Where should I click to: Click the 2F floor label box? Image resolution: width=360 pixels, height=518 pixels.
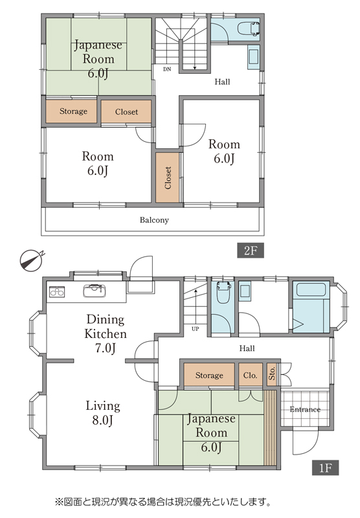251,251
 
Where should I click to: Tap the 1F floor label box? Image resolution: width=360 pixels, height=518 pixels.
325,467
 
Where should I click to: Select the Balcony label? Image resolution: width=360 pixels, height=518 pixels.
154,220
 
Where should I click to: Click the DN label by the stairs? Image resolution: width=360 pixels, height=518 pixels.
167,69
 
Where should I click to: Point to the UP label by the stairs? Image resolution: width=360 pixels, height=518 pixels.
195,329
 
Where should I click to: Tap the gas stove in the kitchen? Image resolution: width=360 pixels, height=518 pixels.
57,292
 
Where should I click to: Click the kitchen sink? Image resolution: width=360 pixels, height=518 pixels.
95,291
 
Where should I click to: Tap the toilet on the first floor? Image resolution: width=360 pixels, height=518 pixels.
223,293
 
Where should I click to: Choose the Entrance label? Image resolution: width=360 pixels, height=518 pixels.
305,410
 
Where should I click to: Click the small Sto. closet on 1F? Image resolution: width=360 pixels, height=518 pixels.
272,375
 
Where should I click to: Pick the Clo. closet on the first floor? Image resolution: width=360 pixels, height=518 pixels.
251,375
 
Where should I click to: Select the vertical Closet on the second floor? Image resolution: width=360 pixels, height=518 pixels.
168,177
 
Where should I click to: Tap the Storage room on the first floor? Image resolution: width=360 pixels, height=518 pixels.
209,375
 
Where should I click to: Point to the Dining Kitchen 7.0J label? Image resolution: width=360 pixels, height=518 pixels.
106,333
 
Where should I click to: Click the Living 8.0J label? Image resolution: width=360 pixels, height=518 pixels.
103,413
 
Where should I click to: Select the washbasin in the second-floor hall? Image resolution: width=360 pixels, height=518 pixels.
254,57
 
